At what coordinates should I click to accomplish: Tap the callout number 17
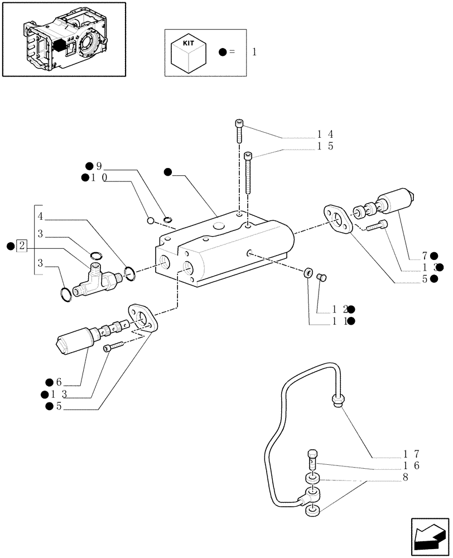(x=412, y=454)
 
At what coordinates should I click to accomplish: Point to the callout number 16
(x=412, y=466)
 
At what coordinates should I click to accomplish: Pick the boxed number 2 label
(x=22, y=246)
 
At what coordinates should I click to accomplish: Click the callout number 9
(x=99, y=166)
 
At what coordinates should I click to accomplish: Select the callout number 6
(x=58, y=382)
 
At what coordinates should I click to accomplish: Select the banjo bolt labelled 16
(x=312, y=459)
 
